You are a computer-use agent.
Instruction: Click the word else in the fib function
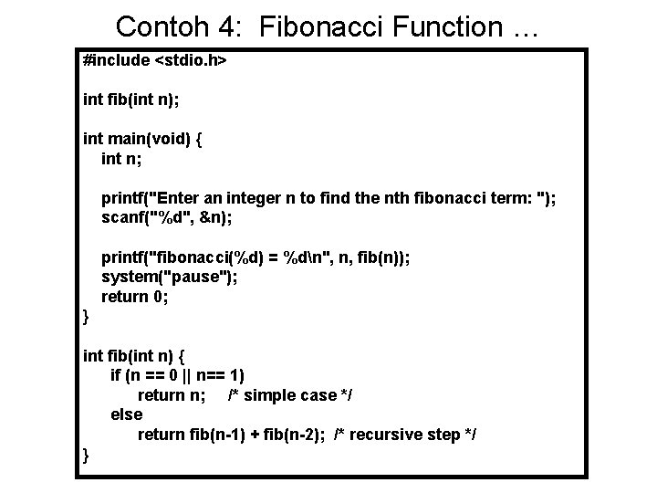pyautogui.click(x=126, y=414)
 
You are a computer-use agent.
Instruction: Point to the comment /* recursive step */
pyautogui.click(x=405, y=435)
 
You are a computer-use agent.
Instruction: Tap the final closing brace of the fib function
pyautogui.click(x=86, y=454)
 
